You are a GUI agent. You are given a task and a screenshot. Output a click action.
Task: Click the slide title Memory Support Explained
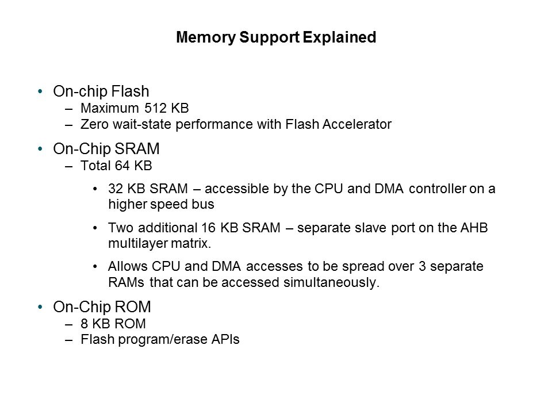click(x=276, y=38)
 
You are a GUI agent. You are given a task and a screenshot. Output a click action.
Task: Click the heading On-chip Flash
click(x=101, y=91)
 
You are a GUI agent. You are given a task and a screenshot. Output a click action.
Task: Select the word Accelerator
click(x=360, y=124)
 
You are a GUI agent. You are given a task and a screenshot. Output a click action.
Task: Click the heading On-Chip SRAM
click(x=106, y=149)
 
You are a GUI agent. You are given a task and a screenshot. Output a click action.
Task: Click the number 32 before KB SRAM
click(x=115, y=189)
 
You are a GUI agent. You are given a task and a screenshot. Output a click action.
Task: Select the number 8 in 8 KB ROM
click(x=84, y=324)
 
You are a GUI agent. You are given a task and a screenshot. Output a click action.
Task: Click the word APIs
click(x=225, y=340)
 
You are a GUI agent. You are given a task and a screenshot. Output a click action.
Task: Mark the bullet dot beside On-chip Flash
click(x=40, y=92)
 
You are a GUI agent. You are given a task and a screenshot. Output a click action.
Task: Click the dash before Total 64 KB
click(x=70, y=166)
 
